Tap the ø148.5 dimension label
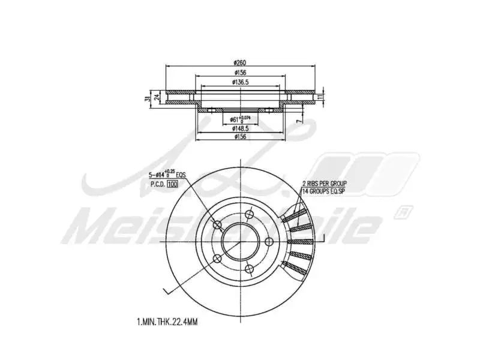(240, 128)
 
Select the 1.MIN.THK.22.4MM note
(167, 322)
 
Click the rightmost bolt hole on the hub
(269, 241)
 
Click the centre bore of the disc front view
(241, 241)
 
